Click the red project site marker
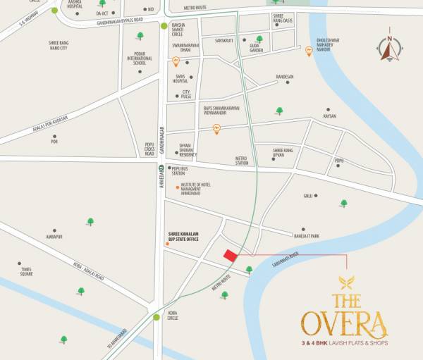(x=230, y=256)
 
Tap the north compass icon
(x=388, y=47)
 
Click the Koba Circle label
(x=172, y=315)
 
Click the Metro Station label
(x=243, y=161)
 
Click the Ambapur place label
(x=54, y=237)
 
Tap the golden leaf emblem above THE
(x=345, y=283)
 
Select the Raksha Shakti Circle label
(x=182, y=29)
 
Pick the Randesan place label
(x=284, y=76)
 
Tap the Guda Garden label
(x=257, y=49)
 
